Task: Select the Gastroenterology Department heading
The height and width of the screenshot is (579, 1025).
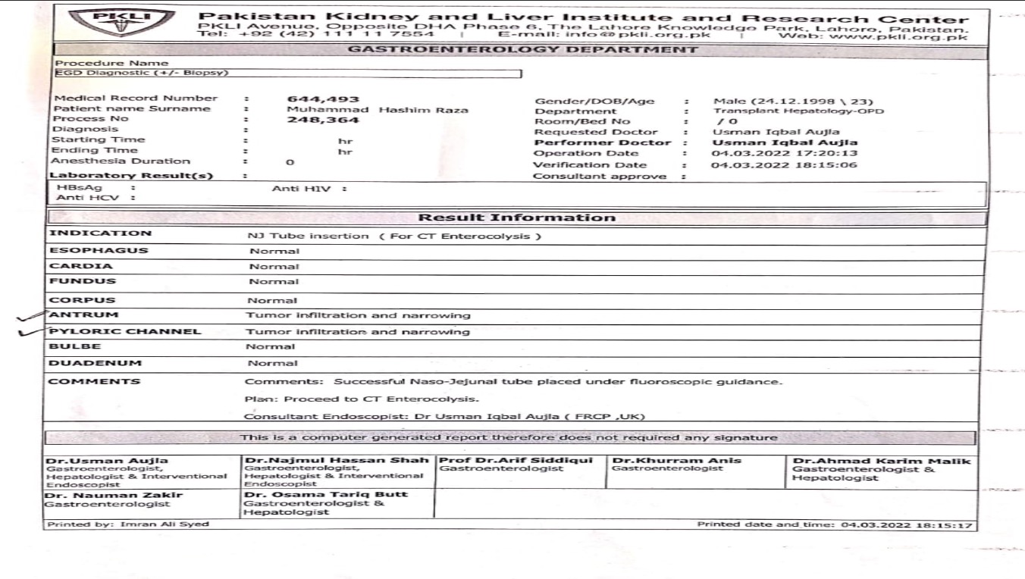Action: [521, 50]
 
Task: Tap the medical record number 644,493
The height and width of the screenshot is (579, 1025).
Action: [324, 99]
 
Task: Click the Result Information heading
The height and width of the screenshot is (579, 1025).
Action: [517, 218]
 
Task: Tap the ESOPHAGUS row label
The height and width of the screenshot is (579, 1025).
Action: [99, 250]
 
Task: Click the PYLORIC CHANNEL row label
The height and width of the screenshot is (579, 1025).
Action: [125, 331]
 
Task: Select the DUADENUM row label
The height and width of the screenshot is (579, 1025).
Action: [96, 363]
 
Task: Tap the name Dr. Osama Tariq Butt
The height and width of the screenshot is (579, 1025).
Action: [326, 494]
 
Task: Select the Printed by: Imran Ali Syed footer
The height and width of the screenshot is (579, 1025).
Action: [127, 524]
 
